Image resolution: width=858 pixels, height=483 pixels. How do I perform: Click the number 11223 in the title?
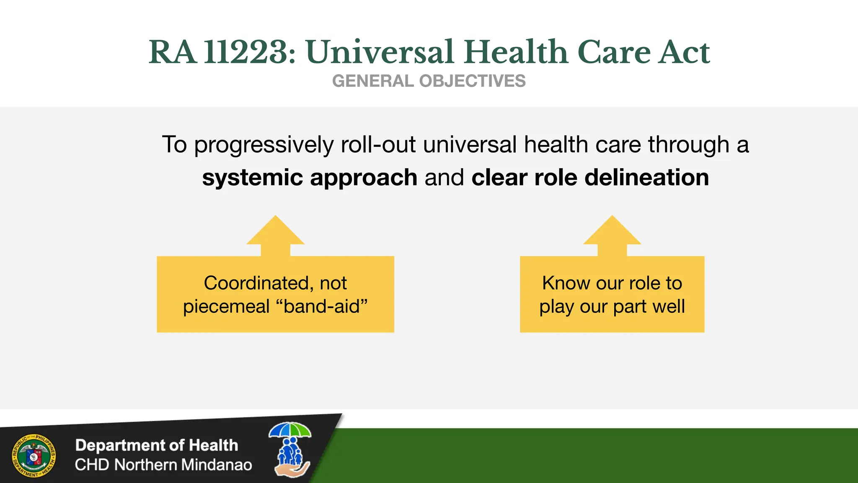click(250, 52)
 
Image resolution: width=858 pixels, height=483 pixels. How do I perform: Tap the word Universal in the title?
click(380, 52)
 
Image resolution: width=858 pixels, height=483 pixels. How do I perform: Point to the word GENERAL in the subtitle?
click(373, 81)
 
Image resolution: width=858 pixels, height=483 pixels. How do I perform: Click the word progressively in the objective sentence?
click(264, 145)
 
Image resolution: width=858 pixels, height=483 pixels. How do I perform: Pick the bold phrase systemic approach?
click(310, 177)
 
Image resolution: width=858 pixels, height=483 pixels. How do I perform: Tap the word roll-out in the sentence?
click(378, 145)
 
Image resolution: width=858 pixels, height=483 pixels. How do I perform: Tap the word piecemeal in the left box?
click(226, 306)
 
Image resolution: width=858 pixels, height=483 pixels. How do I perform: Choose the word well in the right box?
click(669, 306)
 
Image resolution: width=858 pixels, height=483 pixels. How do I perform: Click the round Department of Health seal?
click(34, 456)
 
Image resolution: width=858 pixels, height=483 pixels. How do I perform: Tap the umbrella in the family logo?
click(290, 431)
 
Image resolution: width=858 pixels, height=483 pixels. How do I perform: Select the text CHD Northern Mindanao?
click(163, 465)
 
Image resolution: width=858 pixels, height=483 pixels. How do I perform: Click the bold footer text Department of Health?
click(157, 445)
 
